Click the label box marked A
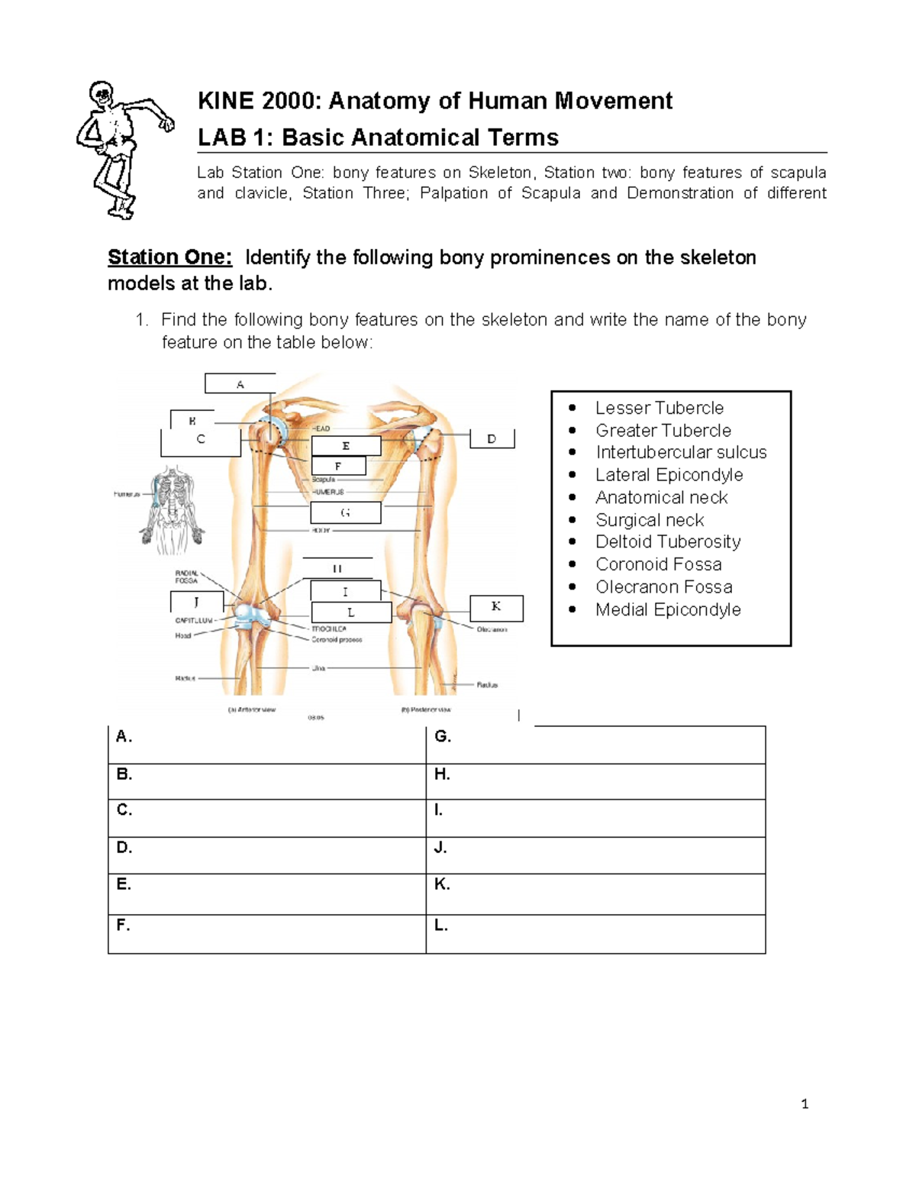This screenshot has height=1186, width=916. [240, 384]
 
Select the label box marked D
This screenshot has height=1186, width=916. [492, 439]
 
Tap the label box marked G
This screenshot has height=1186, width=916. [346, 512]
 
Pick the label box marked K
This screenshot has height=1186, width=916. [496, 607]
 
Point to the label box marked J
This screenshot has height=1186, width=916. [197, 602]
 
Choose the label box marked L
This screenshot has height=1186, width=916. [351, 612]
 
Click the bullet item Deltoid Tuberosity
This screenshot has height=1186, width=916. [668, 542]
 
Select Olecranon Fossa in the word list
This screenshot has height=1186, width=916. [663, 587]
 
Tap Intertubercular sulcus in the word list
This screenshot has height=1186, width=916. [681, 453]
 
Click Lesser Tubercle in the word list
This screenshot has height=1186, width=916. [659, 408]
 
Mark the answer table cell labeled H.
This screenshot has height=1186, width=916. [595, 781]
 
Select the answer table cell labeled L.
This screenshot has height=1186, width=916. [595, 933]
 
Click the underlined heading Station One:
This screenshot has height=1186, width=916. [169, 257]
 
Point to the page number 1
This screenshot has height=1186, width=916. [805, 1104]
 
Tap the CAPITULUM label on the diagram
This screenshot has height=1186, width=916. [194, 620]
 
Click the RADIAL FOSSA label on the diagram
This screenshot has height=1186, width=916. [186, 577]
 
